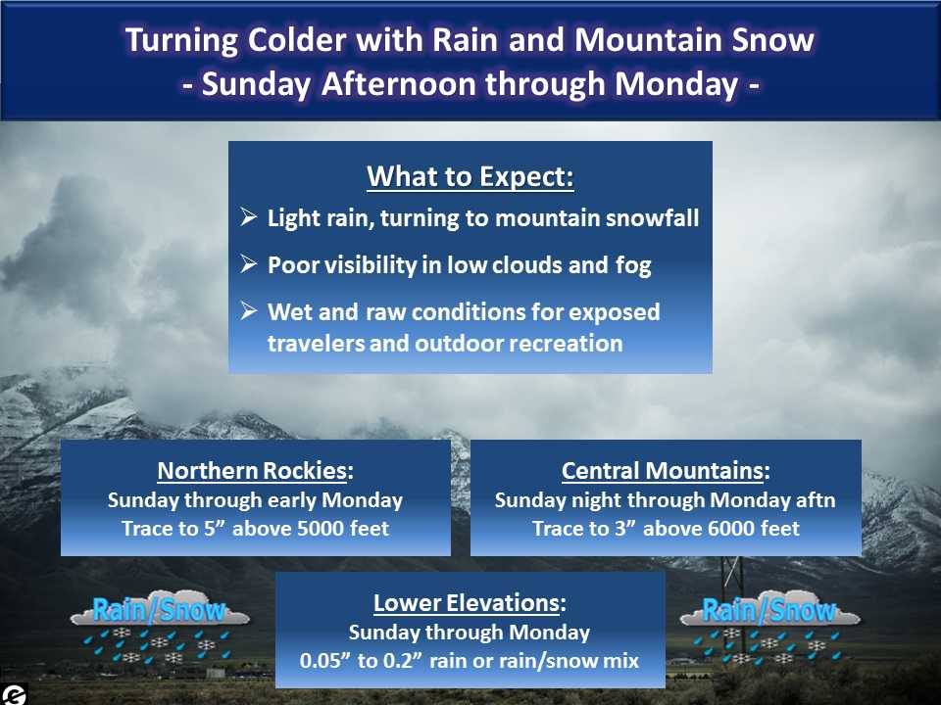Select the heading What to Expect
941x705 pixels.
tap(470, 176)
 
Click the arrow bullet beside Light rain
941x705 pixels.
tap(248, 216)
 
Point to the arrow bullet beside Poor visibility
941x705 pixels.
tap(248, 263)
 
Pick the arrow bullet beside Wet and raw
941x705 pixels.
tap(248, 310)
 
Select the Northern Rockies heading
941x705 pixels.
tap(255, 471)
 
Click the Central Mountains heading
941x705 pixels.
tap(666, 471)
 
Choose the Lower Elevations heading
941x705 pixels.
tap(470, 603)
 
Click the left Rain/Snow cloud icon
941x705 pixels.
tap(160, 630)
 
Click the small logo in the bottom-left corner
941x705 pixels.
tap(13, 694)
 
